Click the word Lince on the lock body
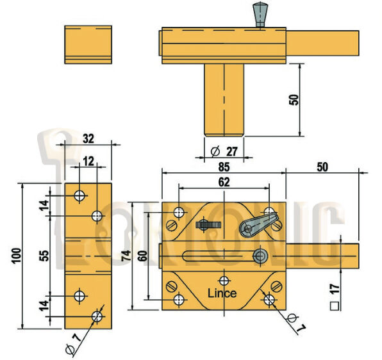point(222,293)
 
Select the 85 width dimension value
point(224,166)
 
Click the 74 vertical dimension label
point(127,256)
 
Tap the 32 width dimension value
point(88,137)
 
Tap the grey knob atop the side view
point(260,13)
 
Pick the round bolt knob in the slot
point(260,256)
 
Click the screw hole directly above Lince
point(223,280)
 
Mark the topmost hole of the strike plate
point(79,195)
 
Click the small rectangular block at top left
point(88,44)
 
